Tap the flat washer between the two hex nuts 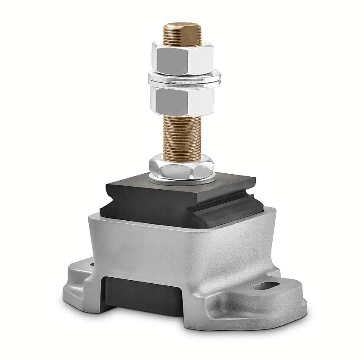(184, 79)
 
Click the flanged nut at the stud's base (182, 168)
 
